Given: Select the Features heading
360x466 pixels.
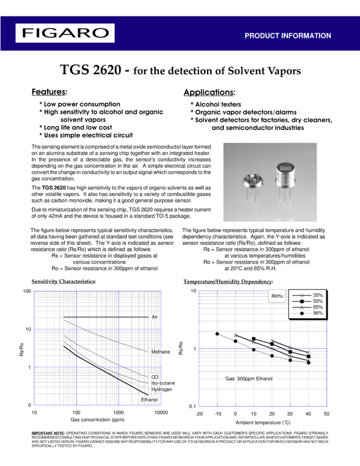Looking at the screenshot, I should (x=49, y=92).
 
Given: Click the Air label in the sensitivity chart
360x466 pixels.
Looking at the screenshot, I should (x=155, y=317).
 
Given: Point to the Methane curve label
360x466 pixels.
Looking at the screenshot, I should (x=161, y=351).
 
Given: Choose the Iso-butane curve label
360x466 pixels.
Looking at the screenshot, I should (x=163, y=383).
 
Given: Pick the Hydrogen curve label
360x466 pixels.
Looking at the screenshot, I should (x=162, y=389).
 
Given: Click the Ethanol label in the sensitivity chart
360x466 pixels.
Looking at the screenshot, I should (x=150, y=400).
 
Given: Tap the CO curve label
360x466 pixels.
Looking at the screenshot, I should (x=155, y=377).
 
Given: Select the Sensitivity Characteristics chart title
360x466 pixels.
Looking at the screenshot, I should (x=64, y=281).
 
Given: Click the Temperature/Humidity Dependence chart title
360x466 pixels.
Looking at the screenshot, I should (x=227, y=281).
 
